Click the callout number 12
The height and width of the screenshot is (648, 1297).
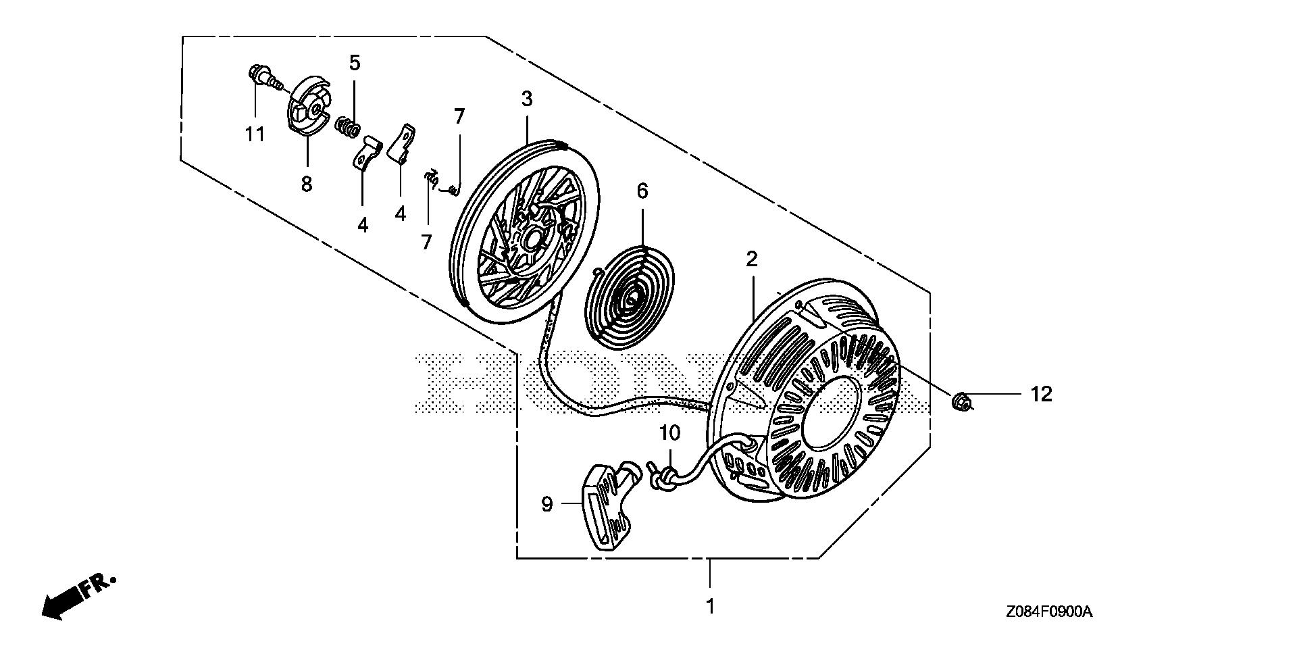click(1041, 394)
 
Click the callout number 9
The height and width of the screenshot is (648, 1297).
click(547, 503)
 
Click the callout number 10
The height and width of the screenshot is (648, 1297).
click(669, 433)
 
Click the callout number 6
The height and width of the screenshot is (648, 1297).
click(642, 191)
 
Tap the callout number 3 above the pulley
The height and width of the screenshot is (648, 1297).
click(526, 99)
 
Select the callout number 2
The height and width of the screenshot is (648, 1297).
click(751, 259)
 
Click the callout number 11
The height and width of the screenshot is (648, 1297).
click(255, 134)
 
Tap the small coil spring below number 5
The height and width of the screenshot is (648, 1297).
click(348, 126)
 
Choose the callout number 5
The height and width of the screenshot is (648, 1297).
click(355, 63)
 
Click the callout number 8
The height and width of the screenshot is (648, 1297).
click(307, 183)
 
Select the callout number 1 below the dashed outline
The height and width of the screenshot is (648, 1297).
click(709, 607)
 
